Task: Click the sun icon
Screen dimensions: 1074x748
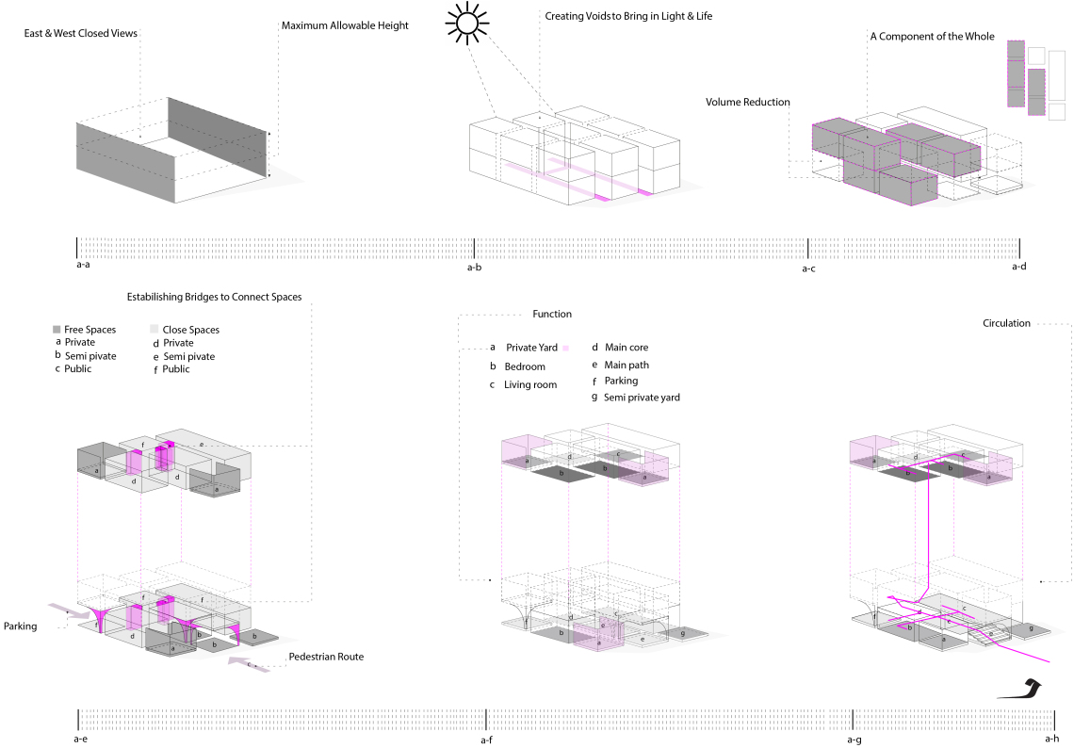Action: tap(466, 24)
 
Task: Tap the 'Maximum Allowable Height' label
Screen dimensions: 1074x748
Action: tap(345, 26)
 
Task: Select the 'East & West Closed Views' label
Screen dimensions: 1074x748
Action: tap(81, 34)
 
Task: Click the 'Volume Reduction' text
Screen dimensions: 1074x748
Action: tap(748, 102)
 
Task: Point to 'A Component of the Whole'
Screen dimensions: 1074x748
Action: tap(933, 37)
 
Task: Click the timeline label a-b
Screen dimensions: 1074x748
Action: tap(474, 268)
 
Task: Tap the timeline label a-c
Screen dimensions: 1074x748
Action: tap(809, 268)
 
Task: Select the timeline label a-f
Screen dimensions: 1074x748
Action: tap(486, 740)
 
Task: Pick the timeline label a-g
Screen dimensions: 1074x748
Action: tap(854, 740)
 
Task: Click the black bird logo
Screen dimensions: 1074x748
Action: tap(1021, 689)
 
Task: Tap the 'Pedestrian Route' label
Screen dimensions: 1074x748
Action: tap(326, 657)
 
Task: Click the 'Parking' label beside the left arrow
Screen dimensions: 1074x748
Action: tap(21, 626)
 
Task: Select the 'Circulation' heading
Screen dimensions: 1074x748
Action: tap(1006, 323)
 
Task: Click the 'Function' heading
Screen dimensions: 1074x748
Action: tap(552, 314)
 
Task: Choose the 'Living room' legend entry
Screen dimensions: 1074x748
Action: tap(530, 385)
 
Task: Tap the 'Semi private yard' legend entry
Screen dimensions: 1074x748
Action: tap(642, 398)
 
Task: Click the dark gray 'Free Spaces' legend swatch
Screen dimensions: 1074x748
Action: tap(57, 330)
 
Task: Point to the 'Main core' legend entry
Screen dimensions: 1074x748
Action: tap(626, 348)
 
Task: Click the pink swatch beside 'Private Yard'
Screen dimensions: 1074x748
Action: tap(566, 348)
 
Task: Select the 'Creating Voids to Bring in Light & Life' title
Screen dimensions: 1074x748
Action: tap(628, 16)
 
